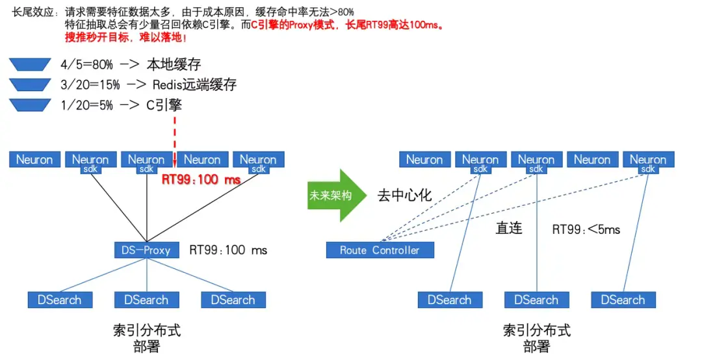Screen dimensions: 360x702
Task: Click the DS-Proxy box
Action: coord(146,250)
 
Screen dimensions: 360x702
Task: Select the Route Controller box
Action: coord(380,250)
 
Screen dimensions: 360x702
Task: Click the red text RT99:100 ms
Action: coord(201,180)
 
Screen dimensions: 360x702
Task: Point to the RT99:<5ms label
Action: coord(586,229)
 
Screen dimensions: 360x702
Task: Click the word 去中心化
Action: coord(404,195)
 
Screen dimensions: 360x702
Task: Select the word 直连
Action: coord(509,229)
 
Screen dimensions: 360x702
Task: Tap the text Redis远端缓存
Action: coord(194,84)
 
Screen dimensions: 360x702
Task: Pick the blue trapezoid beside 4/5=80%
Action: coord(30,64)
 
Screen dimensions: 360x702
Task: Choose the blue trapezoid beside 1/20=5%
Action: coord(30,105)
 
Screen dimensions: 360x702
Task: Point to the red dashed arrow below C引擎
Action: coord(175,140)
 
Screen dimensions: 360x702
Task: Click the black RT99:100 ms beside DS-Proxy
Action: coord(228,250)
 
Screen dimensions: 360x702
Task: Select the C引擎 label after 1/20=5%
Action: coord(164,105)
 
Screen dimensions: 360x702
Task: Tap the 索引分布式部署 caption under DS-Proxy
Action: coord(146,338)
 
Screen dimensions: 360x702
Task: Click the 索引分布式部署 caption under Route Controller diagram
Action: coord(536,338)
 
